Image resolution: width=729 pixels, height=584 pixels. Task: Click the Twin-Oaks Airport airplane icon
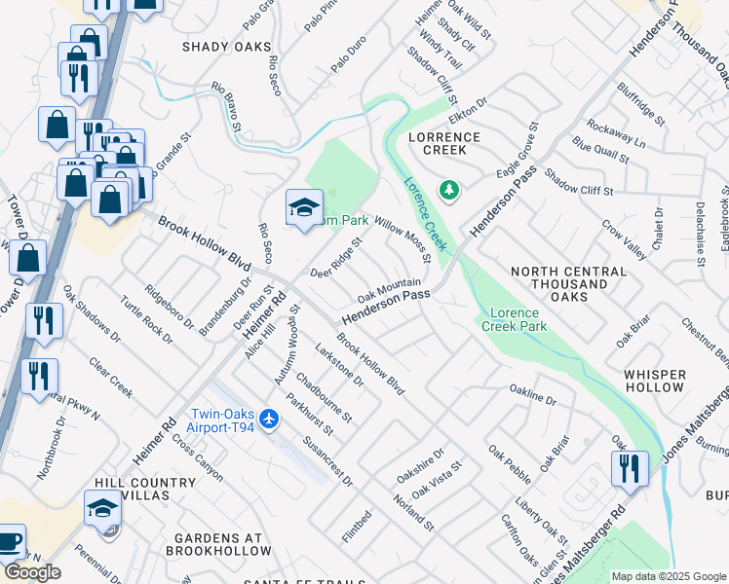[x=270, y=420]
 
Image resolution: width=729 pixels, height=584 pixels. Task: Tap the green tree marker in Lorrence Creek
[x=448, y=190]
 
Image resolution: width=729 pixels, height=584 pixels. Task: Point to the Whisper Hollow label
[x=655, y=381]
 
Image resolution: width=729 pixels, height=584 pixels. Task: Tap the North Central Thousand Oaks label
[x=568, y=283]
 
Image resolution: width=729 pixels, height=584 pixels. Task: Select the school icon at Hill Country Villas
[x=102, y=509]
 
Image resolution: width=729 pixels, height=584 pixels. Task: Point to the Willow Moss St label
[x=403, y=239]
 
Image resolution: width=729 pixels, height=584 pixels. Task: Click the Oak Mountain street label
[x=389, y=288]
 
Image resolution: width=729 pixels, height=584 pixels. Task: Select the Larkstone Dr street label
[x=339, y=364]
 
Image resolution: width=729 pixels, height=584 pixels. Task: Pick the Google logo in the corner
[x=31, y=572]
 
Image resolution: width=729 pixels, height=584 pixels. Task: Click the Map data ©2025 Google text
[x=668, y=576]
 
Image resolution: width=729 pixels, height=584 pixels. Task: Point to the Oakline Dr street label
[x=532, y=394]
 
